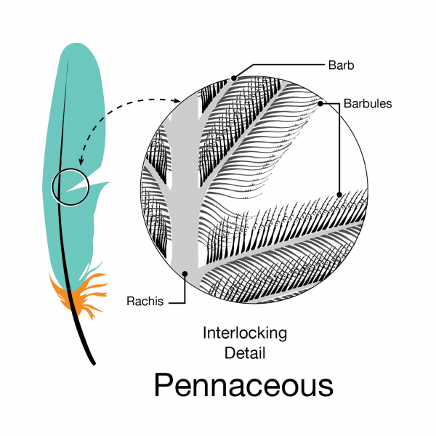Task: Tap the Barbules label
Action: pyautogui.click(x=369, y=103)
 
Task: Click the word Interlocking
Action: pyautogui.click(x=245, y=334)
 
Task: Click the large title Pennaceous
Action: pyautogui.click(x=243, y=385)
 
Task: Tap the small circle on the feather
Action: pyautogui.click(x=70, y=187)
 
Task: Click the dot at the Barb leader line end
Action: pyautogui.click(x=234, y=77)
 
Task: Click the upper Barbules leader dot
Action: pyautogui.click(x=320, y=103)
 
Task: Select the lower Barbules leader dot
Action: pyautogui.click(x=339, y=194)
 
